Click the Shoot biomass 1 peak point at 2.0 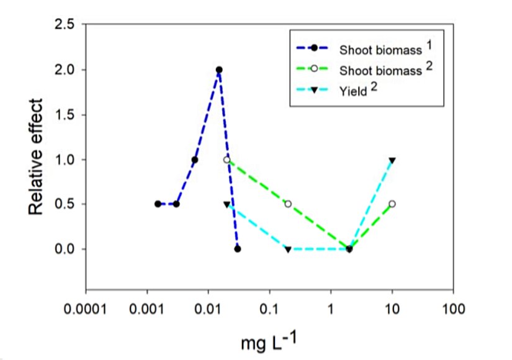(219, 70)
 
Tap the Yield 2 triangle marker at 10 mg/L (392, 160)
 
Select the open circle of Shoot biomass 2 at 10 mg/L (392, 204)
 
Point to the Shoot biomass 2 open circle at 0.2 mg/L (288, 204)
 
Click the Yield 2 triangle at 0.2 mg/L (288, 250)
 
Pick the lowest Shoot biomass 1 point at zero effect (238, 249)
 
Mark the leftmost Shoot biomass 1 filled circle (158, 204)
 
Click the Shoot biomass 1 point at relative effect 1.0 (195, 160)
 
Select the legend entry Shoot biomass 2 (369, 69)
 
